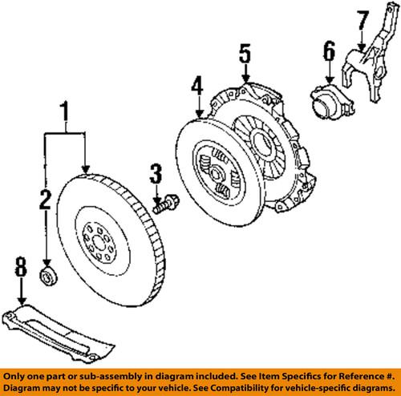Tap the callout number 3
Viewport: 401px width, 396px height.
pos(156,172)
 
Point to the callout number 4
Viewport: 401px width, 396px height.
pos(196,86)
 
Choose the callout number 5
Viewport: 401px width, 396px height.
pos(245,55)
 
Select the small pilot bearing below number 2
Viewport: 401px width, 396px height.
pos(47,277)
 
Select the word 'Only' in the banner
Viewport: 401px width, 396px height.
pos(18,374)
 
